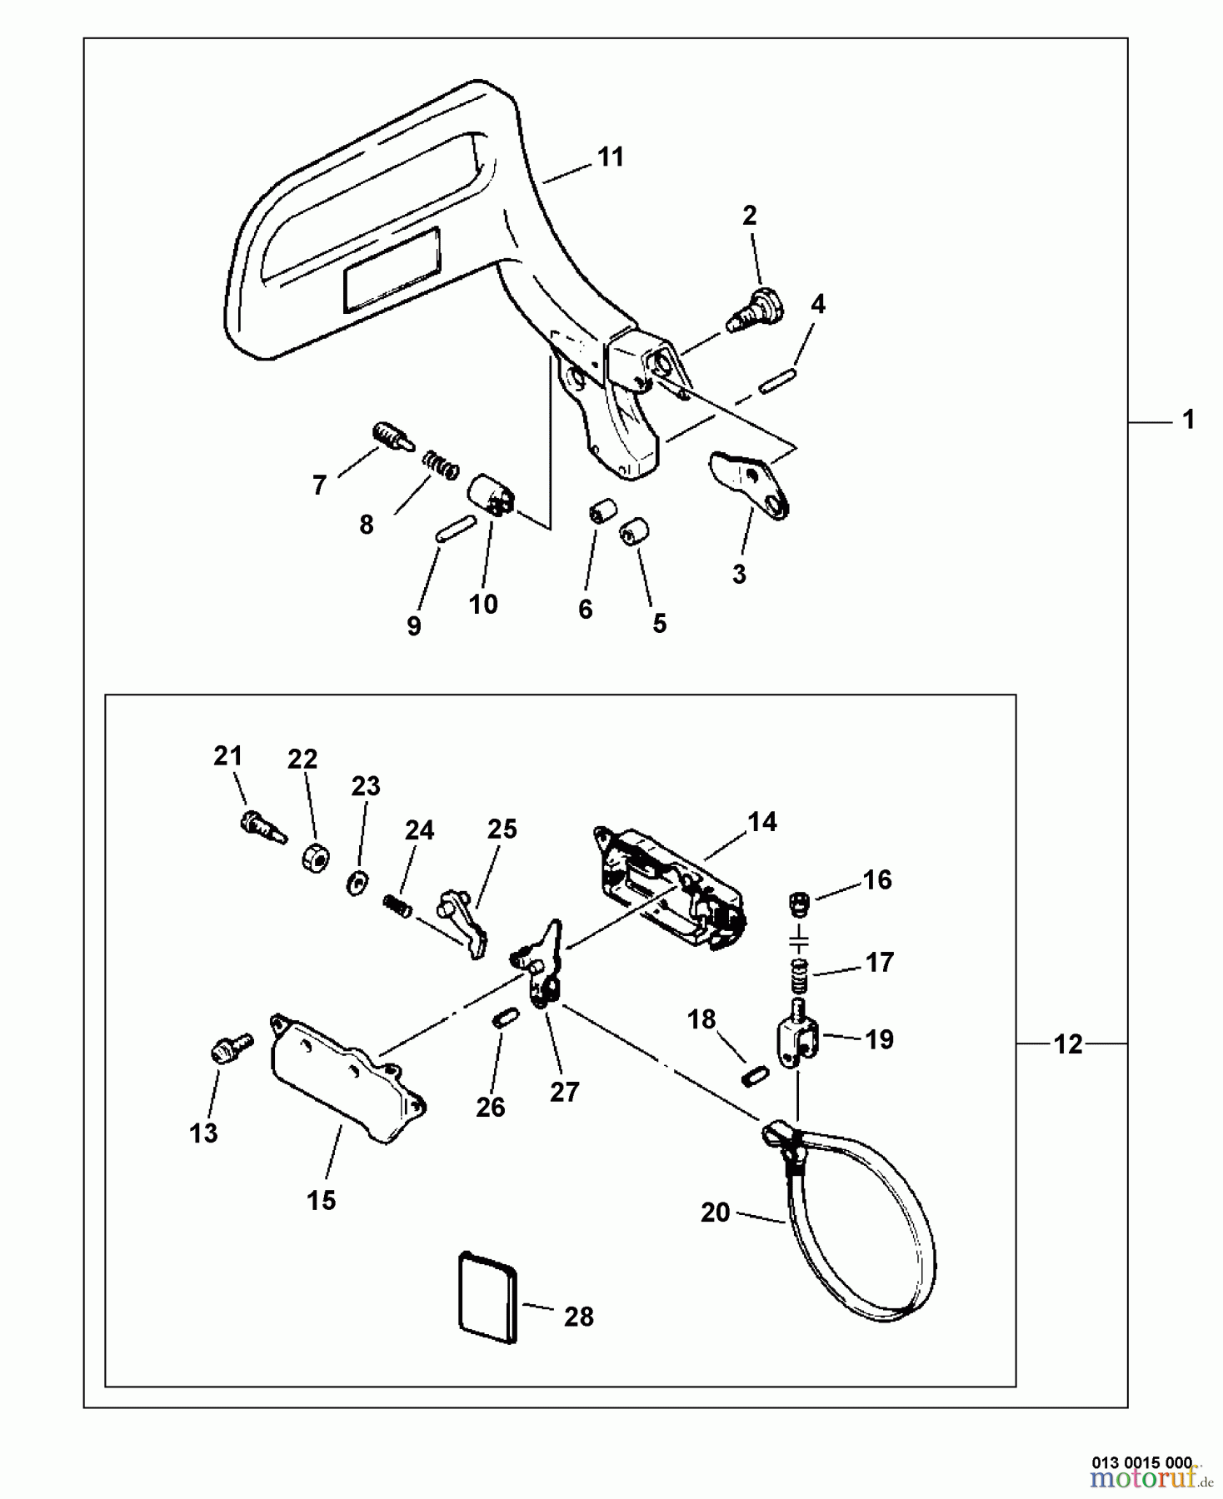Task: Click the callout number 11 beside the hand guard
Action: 611,157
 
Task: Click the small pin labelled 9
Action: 454,529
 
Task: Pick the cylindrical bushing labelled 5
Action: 636,531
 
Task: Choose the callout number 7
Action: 319,485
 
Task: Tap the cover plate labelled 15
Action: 347,1077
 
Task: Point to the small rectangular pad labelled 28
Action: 488,1297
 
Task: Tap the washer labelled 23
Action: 357,882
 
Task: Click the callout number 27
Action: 564,1092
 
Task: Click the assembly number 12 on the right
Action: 1068,1043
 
